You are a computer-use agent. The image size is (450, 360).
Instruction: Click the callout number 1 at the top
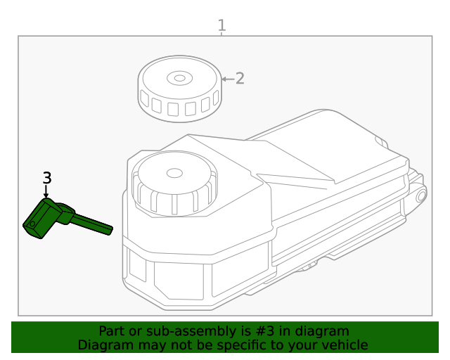pos(222,26)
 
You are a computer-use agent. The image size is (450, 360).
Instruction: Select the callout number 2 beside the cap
pos(240,78)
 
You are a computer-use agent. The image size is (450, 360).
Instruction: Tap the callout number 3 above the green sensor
pos(47,178)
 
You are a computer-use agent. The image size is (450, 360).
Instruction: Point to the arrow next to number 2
pos(227,79)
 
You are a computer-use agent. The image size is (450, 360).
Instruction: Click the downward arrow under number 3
pos(47,192)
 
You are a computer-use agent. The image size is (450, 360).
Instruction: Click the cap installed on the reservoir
pos(173,184)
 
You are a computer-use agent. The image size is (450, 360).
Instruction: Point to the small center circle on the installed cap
pos(174,172)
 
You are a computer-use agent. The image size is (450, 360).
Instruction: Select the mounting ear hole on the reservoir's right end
pos(421,196)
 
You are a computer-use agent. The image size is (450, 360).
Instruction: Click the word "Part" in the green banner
pos(112,331)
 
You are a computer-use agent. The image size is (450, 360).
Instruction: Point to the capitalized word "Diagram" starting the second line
pos(103,345)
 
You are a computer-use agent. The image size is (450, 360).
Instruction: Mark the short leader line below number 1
pos(222,34)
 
